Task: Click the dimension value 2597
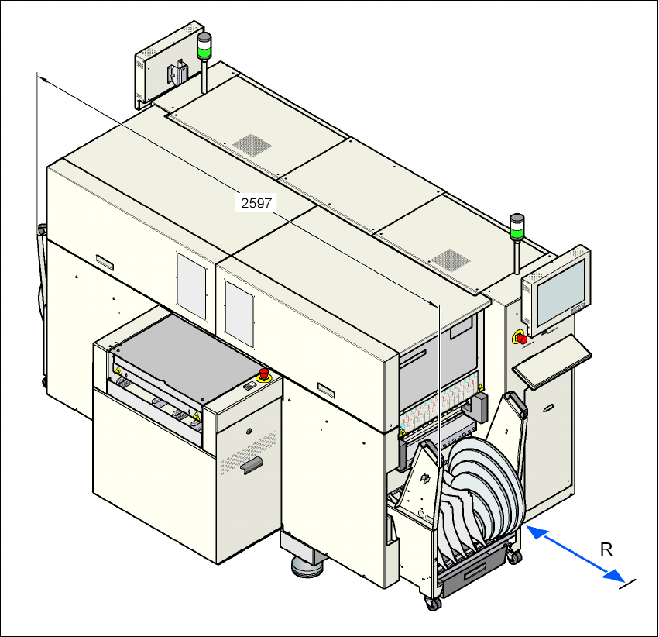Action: (256, 203)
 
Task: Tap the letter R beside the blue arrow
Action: (607, 549)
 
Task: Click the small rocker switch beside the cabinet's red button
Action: (250, 387)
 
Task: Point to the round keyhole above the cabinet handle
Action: (249, 432)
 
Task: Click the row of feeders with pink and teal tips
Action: (441, 406)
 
